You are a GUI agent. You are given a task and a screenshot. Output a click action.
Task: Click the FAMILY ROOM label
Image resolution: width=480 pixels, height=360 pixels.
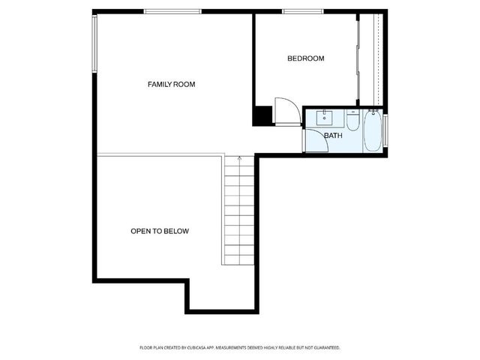coord(171,85)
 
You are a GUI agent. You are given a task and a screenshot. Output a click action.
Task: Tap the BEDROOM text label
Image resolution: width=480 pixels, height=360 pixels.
coord(306,58)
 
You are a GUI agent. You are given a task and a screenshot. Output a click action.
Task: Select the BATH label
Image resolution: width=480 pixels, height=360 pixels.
coord(333,136)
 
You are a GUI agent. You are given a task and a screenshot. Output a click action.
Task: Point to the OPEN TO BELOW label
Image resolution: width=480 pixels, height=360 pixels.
coord(160,232)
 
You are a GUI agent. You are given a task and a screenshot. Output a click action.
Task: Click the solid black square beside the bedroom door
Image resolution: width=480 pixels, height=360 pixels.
coord(262,116)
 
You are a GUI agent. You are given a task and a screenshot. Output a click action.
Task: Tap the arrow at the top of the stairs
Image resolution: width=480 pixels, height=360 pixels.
coord(239,158)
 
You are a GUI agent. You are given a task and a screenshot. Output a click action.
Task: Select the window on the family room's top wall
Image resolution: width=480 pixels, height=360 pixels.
coord(171,11)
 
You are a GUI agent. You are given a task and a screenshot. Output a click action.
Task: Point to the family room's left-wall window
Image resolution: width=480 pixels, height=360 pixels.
coord(94,44)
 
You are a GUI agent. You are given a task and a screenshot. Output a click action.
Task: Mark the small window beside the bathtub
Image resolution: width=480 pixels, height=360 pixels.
coord(386,129)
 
